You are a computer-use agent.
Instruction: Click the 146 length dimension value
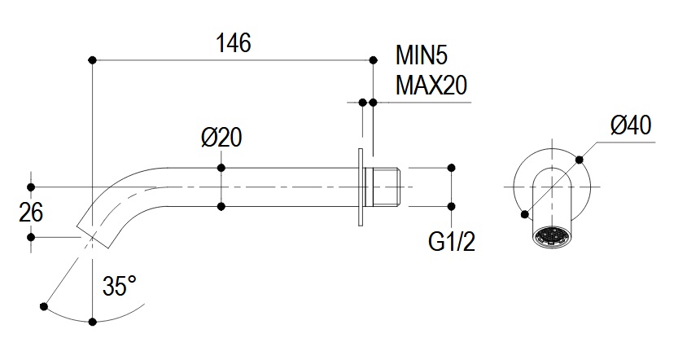click(x=233, y=42)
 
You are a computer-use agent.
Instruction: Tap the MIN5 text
click(x=422, y=56)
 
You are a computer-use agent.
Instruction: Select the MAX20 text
click(x=431, y=85)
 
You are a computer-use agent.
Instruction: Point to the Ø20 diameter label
click(x=221, y=138)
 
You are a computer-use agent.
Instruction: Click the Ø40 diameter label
click(x=631, y=125)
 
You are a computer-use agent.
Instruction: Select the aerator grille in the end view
click(x=552, y=237)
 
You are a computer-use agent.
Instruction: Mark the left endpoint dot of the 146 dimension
click(x=93, y=59)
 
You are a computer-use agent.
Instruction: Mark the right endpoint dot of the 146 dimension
click(x=373, y=59)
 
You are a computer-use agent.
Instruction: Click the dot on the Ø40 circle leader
click(x=580, y=158)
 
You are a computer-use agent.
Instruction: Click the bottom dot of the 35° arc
click(x=93, y=323)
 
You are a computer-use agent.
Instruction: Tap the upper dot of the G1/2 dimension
click(x=452, y=168)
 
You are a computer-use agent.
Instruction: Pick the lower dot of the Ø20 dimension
click(x=221, y=206)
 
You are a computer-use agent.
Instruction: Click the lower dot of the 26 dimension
click(x=31, y=237)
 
